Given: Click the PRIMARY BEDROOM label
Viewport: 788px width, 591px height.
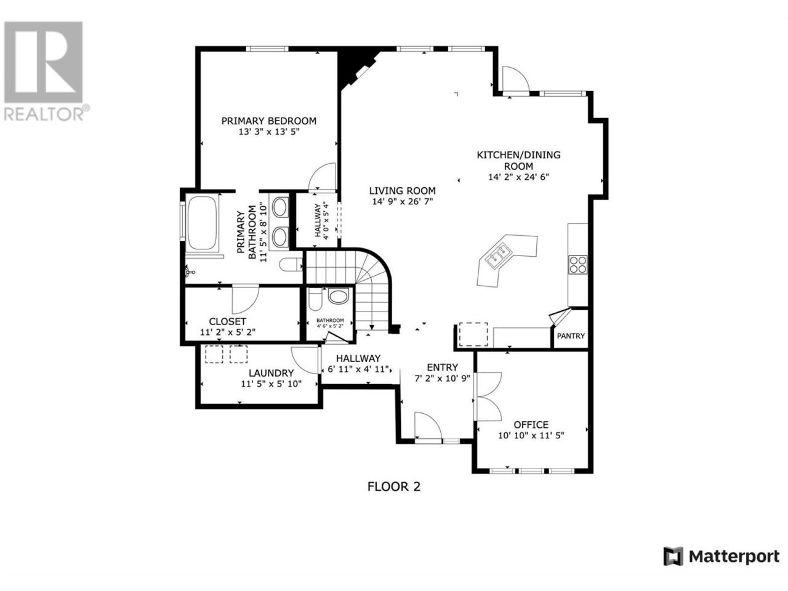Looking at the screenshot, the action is point(268,121).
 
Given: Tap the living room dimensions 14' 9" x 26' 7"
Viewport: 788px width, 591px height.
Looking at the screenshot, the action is point(403,202).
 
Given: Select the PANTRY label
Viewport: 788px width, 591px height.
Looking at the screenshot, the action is point(571,336).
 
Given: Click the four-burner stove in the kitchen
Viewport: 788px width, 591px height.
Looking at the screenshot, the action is point(577,265).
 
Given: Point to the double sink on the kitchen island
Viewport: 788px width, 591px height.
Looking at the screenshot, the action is point(498,254).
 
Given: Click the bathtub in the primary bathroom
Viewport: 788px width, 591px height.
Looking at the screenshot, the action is point(202,222).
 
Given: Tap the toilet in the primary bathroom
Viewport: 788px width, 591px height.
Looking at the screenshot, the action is point(291,265).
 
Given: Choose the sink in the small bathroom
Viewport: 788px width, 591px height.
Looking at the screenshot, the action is point(339,296).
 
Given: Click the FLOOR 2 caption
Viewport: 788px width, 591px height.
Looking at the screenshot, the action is point(393,486).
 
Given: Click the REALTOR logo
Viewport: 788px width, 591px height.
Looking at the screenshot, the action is point(44,71).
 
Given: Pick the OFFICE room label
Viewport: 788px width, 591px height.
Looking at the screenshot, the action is point(531,425).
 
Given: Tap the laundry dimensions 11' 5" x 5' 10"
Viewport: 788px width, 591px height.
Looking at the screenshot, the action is point(271,384).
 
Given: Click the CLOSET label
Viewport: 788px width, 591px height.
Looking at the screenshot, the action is point(228,321).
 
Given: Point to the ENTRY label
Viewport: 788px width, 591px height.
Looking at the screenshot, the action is point(442,368).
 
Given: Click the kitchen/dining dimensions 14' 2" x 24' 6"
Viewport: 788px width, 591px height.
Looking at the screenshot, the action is point(519,177).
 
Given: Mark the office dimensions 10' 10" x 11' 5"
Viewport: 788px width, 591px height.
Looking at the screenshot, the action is point(531,436).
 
